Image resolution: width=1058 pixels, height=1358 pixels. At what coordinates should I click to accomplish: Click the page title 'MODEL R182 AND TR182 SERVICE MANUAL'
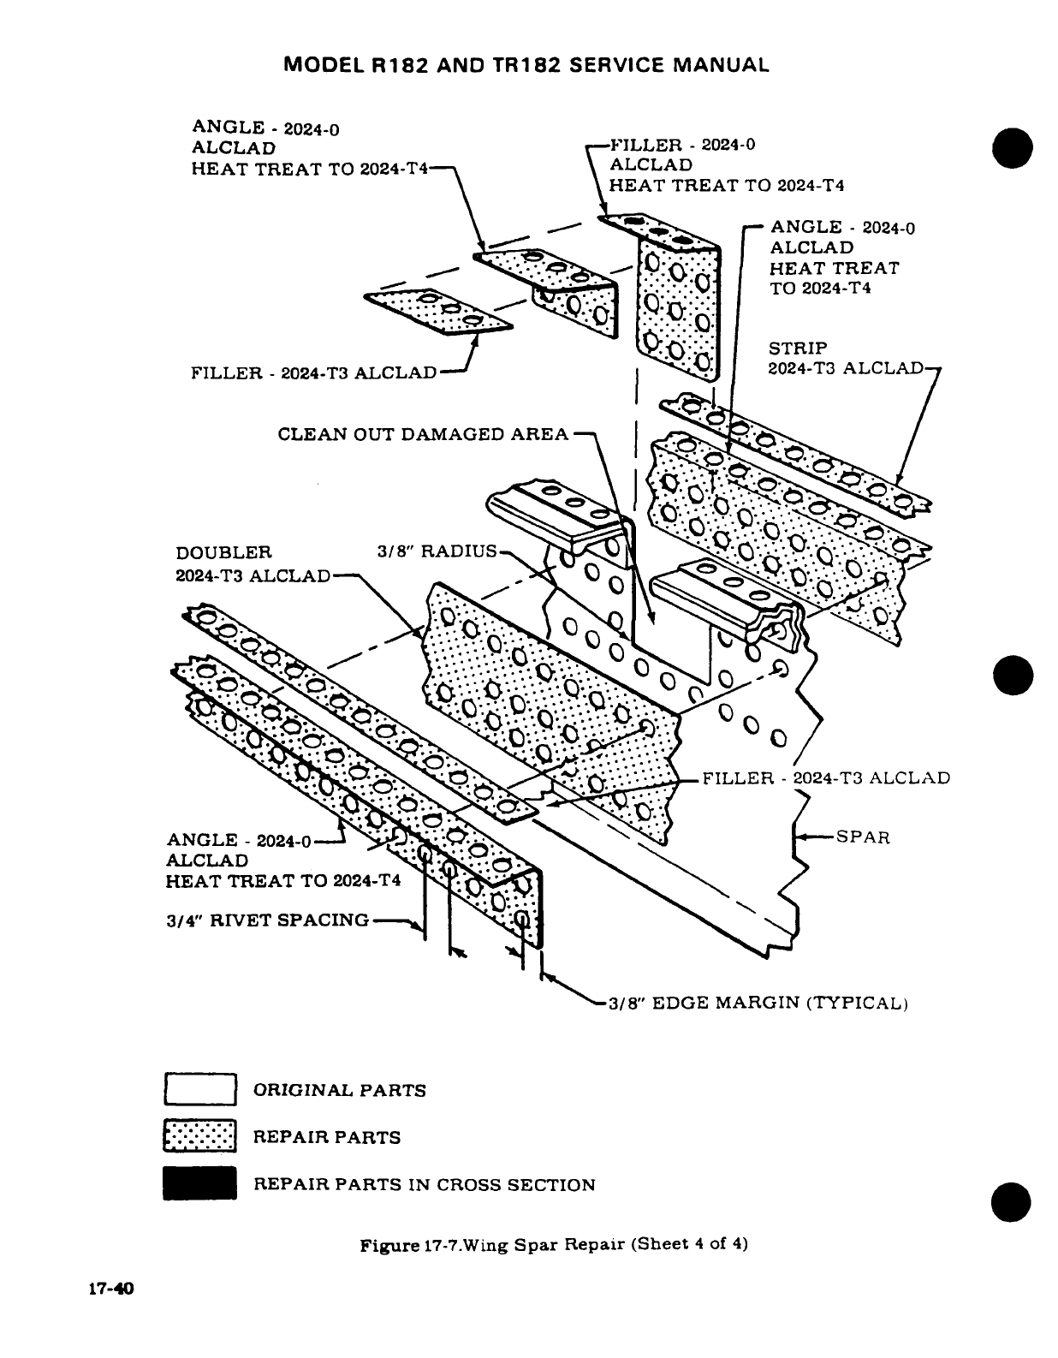526,65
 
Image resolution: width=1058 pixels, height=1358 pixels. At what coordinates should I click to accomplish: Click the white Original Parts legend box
199,1090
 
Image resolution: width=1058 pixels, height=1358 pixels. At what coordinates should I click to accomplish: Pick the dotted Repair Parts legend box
199,1137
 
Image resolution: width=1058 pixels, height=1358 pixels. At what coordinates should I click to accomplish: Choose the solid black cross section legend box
199,1184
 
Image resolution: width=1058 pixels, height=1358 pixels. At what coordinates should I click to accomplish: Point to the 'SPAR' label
863,837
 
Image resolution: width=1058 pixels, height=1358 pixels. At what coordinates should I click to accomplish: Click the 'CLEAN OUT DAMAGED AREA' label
423,434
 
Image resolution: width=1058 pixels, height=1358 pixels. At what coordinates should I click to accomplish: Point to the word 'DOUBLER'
223,553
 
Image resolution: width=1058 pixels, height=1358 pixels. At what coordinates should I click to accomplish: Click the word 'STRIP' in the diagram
798,348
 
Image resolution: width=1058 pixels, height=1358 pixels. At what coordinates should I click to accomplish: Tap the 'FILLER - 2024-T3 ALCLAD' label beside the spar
826,778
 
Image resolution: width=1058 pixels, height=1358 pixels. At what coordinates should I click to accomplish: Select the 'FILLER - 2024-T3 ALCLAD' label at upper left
313,373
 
